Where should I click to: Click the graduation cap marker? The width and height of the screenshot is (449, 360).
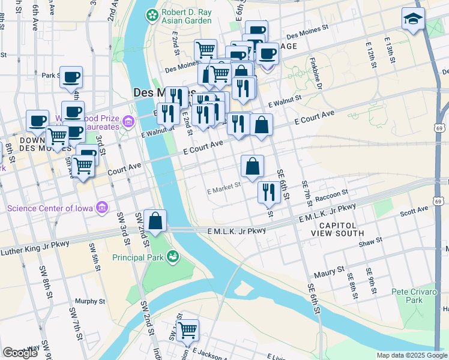pyautogui.click(x=413, y=19)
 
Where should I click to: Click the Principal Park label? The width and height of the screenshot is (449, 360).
pyautogui.click(x=136, y=257)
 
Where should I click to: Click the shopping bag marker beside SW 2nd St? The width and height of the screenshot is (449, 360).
pyautogui.click(x=155, y=221)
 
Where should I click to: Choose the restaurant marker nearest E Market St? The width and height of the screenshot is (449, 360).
pyautogui.click(x=268, y=192)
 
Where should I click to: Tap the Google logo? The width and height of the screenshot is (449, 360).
pyautogui.click(x=20, y=353)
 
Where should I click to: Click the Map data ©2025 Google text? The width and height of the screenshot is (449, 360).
pyautogui.click(x=411, y=355)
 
